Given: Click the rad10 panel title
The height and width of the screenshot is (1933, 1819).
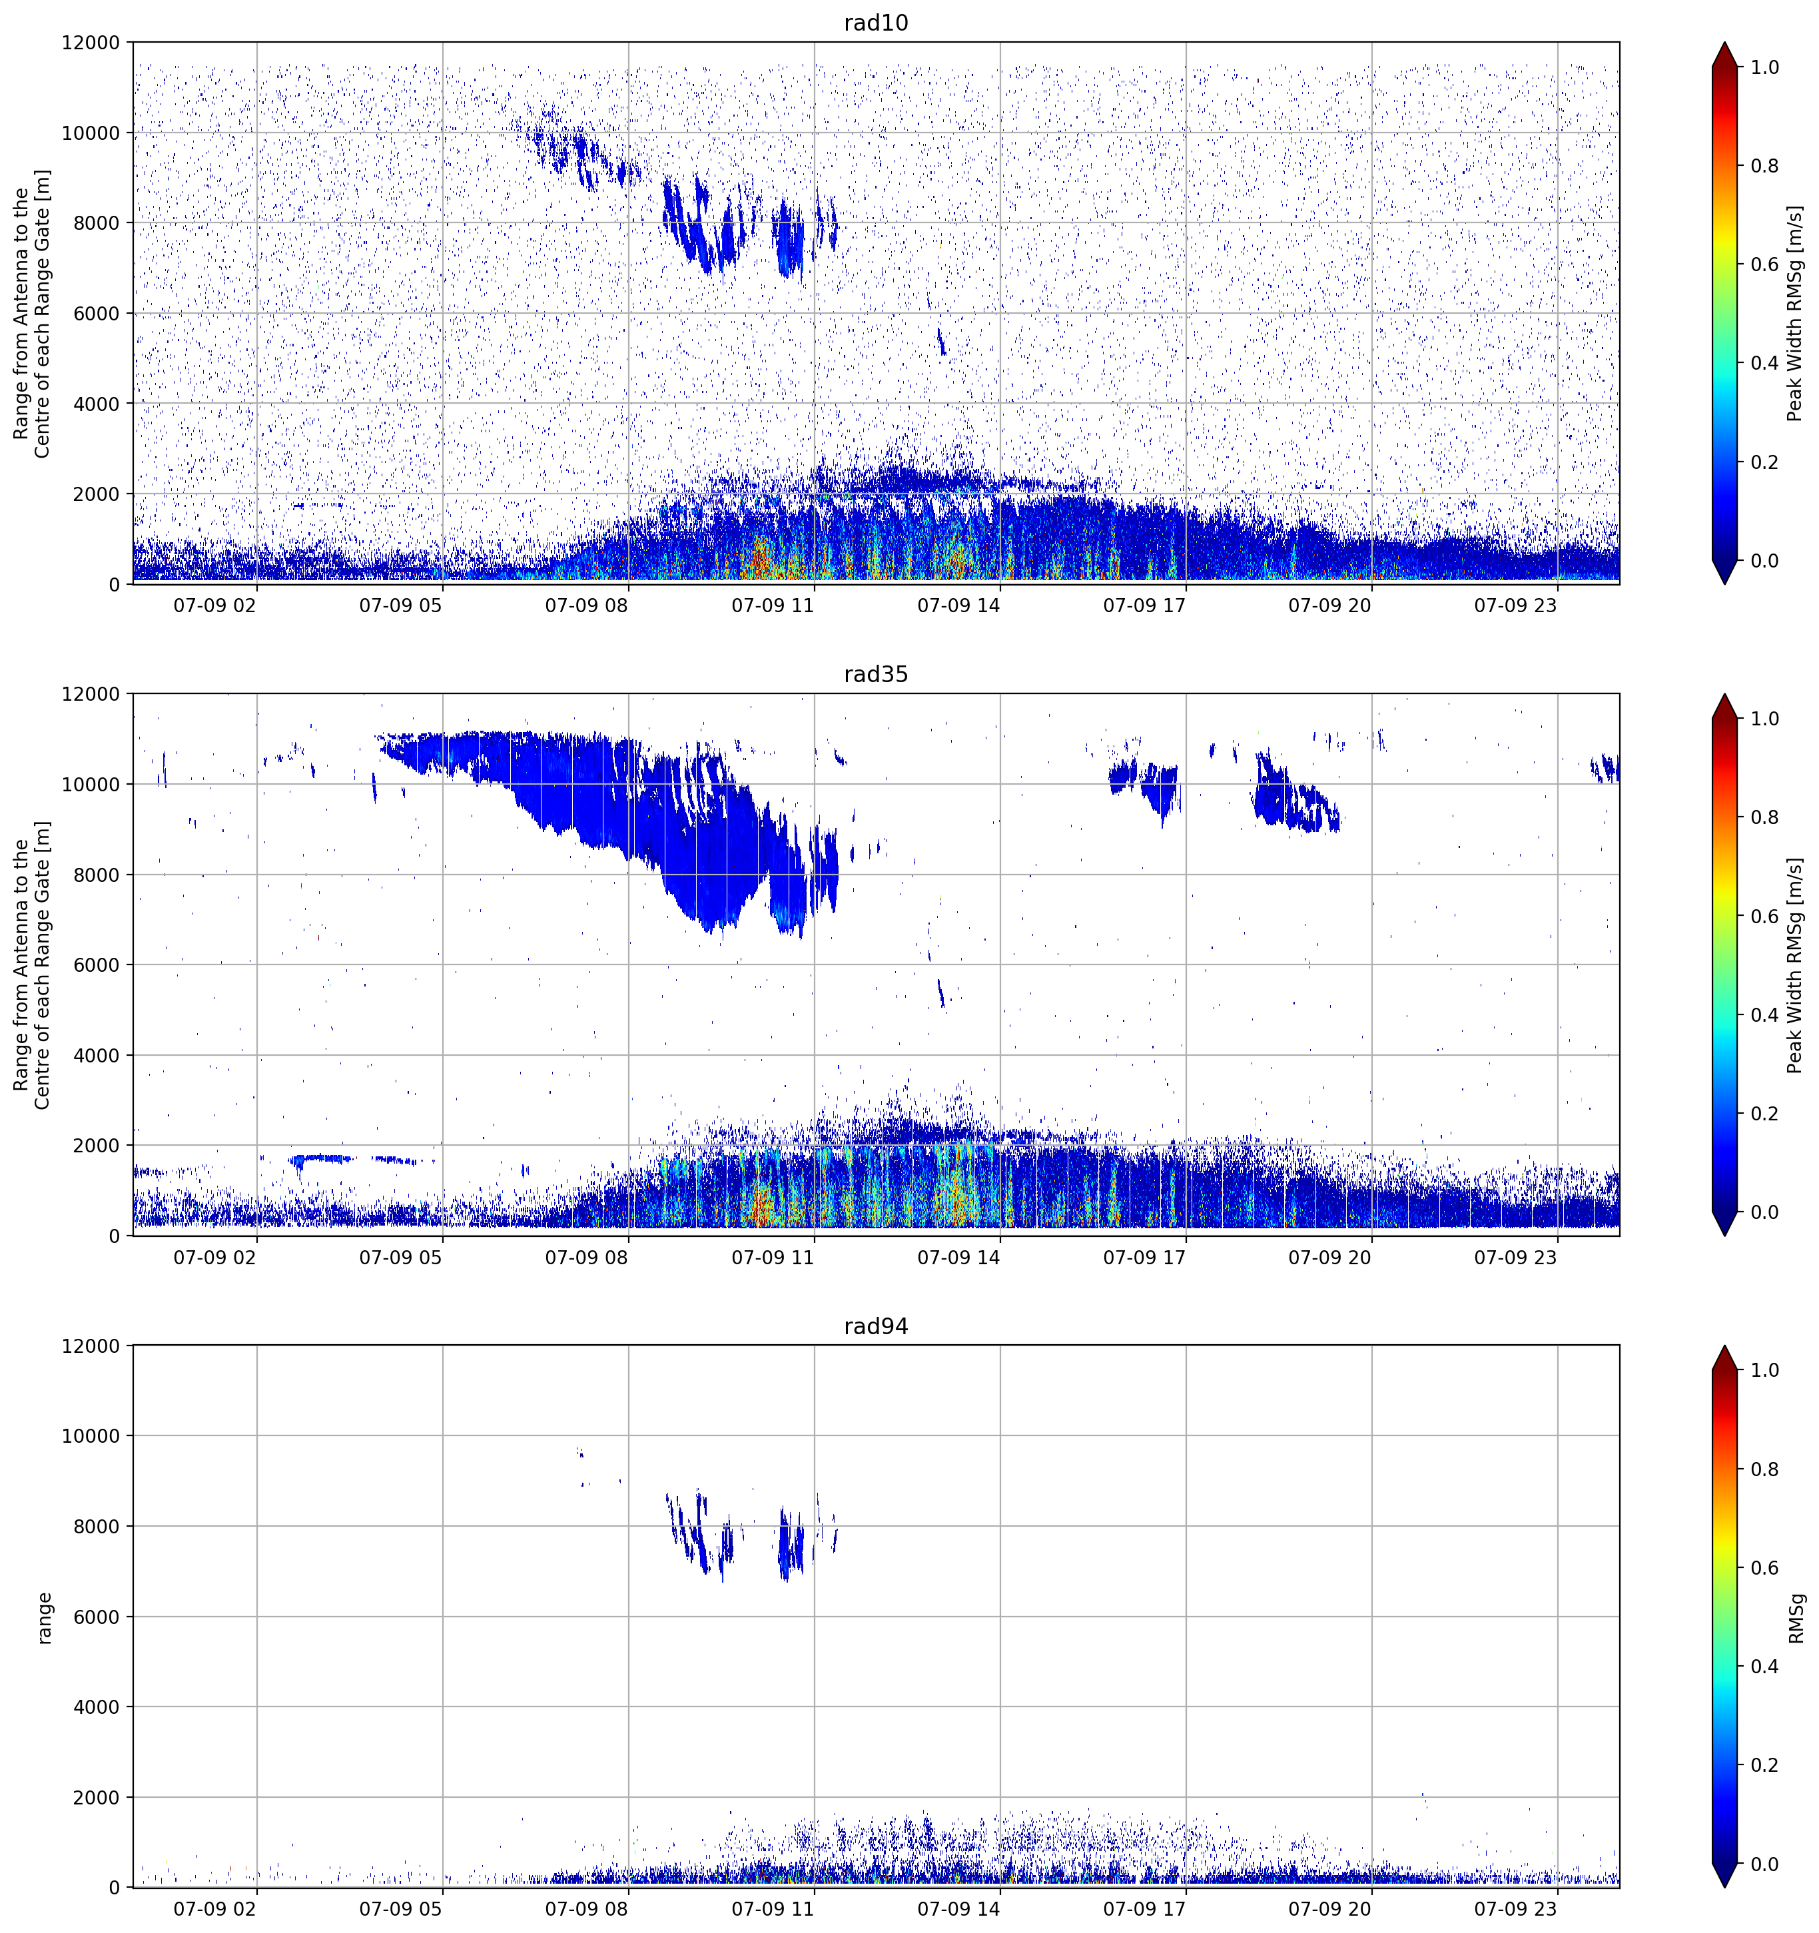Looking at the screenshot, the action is (x=875, y=23).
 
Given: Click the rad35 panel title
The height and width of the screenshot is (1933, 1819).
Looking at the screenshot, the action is (x=875, y=675).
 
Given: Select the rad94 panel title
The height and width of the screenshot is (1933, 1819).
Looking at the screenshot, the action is (x=875, y=1326).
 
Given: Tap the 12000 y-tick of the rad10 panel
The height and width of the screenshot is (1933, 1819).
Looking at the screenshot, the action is (x=91, y=43).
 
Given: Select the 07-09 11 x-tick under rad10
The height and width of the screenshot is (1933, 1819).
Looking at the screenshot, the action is (x=772, y=605).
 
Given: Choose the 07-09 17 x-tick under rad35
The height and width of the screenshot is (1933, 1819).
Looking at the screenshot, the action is (x=1144, y=1257).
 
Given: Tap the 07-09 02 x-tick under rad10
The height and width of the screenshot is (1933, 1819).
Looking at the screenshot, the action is (x=215, y=605).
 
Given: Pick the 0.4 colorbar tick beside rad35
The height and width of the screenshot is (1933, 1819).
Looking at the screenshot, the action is (x=1764, y=1015).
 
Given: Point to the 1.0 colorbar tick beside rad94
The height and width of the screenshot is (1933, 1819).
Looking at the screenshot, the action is (x=1764, y=1370).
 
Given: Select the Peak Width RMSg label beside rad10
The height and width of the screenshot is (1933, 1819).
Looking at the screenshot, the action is (x=1795, y=313).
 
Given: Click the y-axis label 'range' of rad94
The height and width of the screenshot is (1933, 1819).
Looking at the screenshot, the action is (x=45, y=1618).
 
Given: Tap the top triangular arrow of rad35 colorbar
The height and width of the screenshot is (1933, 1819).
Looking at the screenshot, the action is (x=1724, y=707).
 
